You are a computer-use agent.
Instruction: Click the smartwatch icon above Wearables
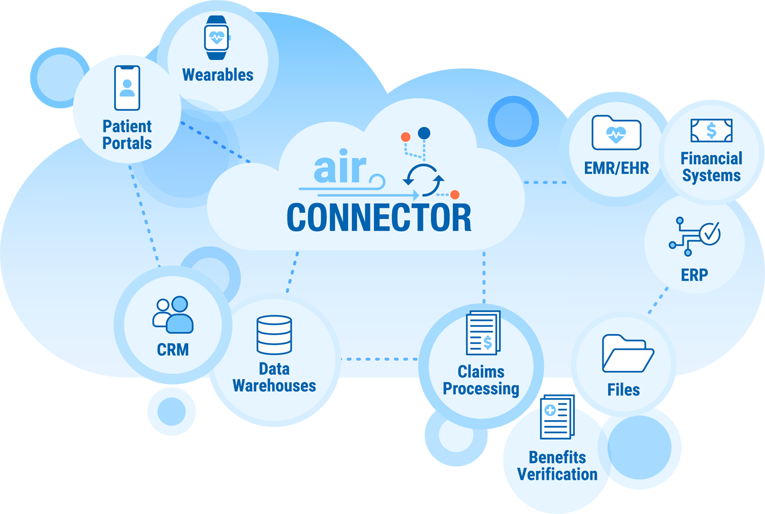[217, 38]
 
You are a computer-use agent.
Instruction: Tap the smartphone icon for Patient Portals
[127, 88]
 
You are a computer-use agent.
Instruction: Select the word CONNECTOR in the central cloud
[379, 217]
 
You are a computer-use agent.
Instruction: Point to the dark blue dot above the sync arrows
[424, 133]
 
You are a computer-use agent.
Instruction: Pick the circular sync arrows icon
[424, 180]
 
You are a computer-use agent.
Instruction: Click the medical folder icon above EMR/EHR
[617, 133]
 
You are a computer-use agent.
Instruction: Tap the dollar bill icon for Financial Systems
[711, 130]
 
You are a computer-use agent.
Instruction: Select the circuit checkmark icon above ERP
[695, 237]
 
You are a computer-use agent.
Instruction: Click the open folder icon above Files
[628, 354]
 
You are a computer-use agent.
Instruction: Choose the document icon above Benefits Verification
[558, 417]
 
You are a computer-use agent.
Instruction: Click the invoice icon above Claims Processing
[483, 333]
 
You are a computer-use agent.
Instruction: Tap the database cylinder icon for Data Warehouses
[274, 335]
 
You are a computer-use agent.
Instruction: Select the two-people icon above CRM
[173, 315]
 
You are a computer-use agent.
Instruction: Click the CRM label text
[173, 350]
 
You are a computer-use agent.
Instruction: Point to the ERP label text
[695, 275]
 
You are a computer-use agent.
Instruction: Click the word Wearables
[218, 75]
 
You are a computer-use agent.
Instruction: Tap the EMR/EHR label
[617, 168]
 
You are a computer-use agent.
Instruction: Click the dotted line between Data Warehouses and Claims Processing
[379, 359]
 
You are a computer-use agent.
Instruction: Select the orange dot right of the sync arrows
[455, 195]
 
